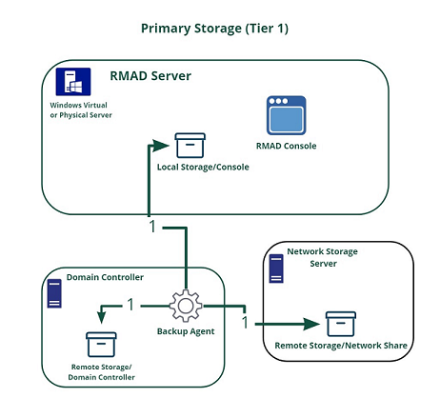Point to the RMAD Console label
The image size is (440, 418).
[286, 146]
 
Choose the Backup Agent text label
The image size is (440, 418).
[187, 332]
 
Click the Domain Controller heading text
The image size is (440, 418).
[105, 277]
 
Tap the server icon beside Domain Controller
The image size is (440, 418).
[53, 294]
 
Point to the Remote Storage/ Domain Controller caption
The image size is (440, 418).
[103, 371]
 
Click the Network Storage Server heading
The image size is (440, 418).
[322, 256]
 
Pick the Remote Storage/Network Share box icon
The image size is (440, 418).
[340, 324]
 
